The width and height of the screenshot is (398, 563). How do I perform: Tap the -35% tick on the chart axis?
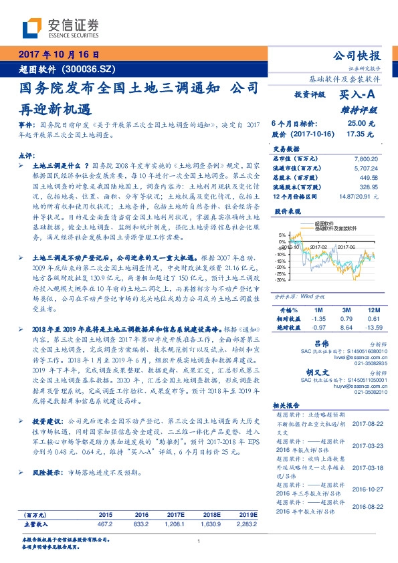coord(282,280)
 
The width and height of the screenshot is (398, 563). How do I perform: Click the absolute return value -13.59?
coord(372,326)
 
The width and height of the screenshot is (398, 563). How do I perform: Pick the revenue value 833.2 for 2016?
coord(141,523)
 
